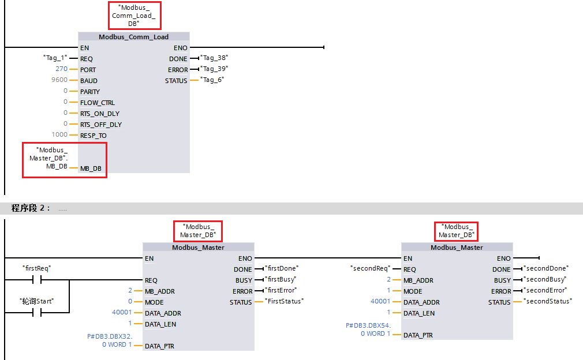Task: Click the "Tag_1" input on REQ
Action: click(x=55, y=58)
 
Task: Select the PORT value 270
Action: click(x=59, y=69)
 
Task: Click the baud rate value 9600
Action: click(x=59, y=80)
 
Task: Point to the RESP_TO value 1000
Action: click(x=59, y=135)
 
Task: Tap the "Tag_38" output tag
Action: click(x=215, y=58)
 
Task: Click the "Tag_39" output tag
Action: click(x=215, y=69)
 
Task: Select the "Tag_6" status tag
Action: click(x=212, y=80)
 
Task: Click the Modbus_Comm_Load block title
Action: click(x=133, y=37)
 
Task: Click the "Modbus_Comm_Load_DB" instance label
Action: click(x=134, y=16)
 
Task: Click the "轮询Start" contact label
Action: click(x=36, y=301)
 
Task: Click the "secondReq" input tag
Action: click(x=370, y=268)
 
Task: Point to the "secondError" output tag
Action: click(x=545, y=290)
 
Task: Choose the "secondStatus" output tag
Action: click(x=547, y=301)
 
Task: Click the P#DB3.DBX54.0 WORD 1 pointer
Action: click(x=368, y=329)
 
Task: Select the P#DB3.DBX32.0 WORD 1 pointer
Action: click(x=110, y=340)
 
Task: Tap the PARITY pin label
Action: click(x=90, y=91)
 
